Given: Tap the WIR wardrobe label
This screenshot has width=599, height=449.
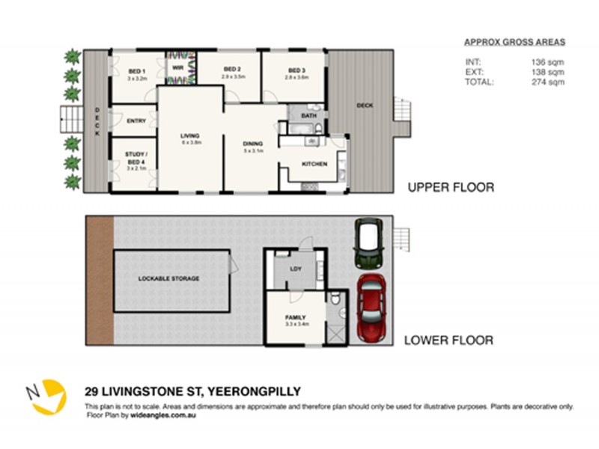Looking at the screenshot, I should [177, 67].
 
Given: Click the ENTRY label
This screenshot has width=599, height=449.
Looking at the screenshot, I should [136, 120].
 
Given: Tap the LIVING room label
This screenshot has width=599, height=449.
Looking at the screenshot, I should [189, 135].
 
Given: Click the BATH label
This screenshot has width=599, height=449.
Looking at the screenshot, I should [308, 116].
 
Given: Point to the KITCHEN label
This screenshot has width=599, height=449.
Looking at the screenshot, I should [314, 164].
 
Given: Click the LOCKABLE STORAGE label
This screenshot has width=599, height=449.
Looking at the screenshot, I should [168, 278].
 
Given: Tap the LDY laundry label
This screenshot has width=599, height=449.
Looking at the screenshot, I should [294, 270].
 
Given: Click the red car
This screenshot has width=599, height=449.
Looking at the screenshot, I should [372, 307].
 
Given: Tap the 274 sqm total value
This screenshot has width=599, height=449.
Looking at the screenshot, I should [547, 82].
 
